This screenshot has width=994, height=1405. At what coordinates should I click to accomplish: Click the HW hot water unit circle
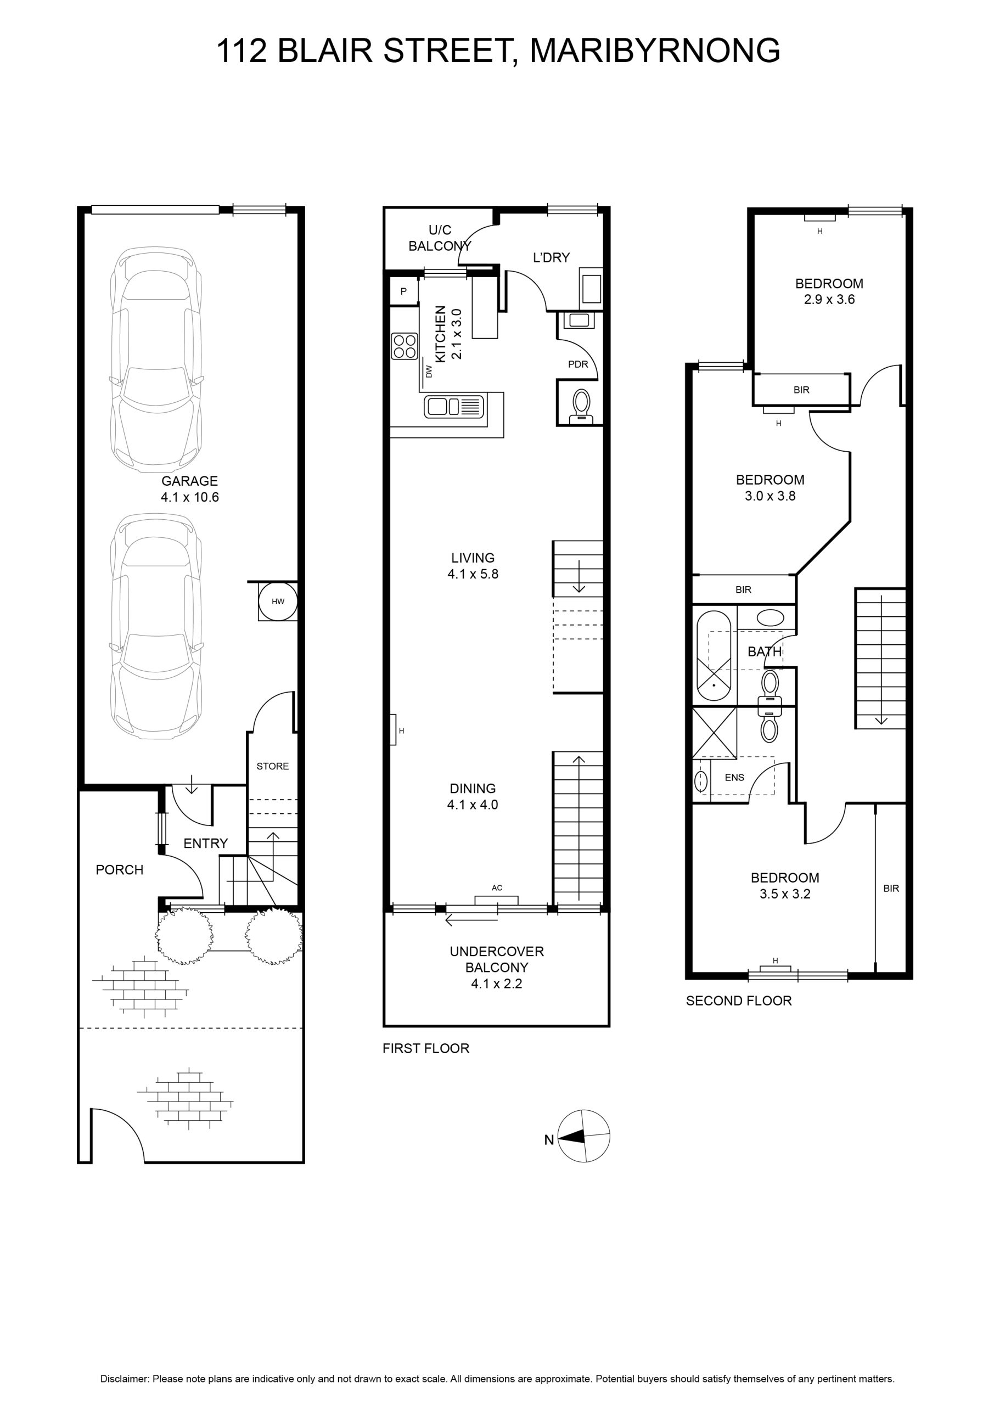pos(278,602)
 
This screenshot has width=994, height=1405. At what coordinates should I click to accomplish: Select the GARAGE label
pos(190,481)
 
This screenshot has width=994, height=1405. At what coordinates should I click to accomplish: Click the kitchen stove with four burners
pos(405,346)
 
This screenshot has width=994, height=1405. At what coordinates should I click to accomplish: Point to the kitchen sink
pos(453,406)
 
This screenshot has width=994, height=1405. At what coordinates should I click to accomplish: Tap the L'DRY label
pos(552,257)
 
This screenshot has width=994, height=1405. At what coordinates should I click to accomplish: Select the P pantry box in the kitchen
pos(404,291)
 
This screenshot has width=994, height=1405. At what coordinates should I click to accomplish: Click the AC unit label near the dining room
pos(497,887)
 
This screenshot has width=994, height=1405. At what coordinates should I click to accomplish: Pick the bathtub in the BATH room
pos(714,656)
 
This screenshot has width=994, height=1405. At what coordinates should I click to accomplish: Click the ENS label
pos(734,777)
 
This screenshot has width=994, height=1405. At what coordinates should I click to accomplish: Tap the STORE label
pos(272,766)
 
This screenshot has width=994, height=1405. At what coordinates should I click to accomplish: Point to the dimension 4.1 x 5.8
pos(473,574)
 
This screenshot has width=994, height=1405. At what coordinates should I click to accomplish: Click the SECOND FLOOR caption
pos(739,1001)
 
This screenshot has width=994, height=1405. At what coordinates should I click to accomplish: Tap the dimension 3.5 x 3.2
pos(785,893)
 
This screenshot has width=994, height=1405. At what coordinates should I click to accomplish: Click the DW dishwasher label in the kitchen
pos(429,372)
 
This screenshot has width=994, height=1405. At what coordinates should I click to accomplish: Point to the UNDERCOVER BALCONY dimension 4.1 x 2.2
pos(497,983)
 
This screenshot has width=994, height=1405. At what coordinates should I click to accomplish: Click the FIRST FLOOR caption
pos(426,1048)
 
